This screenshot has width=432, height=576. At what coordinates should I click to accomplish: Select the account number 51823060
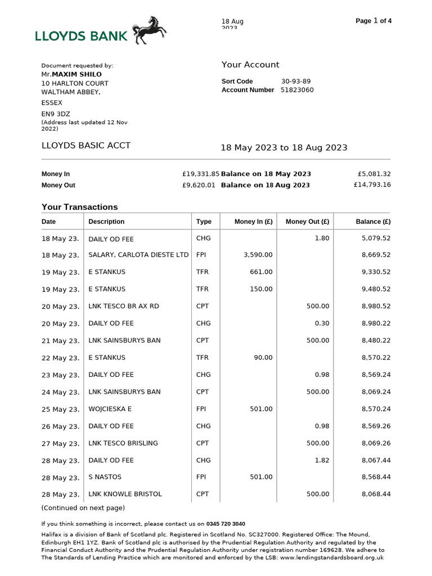click(297, 90)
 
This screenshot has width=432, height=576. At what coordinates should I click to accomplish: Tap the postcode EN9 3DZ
click(52, 114)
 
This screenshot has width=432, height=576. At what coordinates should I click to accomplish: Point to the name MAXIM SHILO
click(77, 74)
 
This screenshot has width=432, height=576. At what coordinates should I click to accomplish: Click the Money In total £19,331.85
click(201, 174)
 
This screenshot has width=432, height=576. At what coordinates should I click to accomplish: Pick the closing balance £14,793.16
click(372, 184)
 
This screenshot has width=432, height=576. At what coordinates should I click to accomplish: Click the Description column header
click(106, 222)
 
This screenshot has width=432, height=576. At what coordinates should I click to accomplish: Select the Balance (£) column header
click(373, 222)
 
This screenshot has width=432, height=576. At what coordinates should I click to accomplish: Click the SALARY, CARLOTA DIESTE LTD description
click(138, 255)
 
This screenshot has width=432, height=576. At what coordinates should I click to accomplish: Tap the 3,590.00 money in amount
click(258, 255)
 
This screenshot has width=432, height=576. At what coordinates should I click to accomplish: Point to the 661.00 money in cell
click(261, 272)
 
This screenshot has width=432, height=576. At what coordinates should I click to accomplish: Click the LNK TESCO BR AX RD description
click(124, 306)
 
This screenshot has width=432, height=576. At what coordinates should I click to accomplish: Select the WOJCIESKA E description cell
click(110, 409)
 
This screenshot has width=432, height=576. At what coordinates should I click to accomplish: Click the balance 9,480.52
click(376, 289)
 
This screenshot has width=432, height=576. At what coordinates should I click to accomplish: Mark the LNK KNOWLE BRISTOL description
click(125, 494)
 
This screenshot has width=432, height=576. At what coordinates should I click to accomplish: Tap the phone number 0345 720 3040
click(225, 524)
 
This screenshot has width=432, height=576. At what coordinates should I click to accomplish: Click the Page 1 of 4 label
click(373, 21)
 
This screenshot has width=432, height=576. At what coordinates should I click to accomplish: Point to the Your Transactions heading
click(80, 207)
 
